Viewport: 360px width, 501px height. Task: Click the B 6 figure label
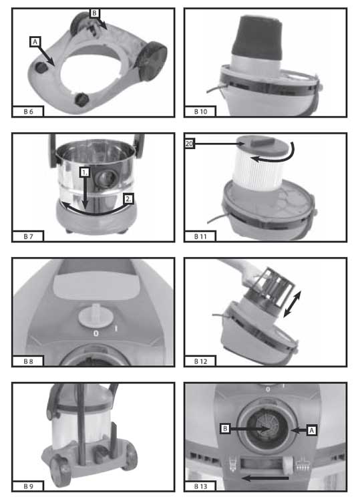[28, 112]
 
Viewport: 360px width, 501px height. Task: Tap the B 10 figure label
[200, 112]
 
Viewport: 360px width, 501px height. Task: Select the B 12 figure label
[200, 361]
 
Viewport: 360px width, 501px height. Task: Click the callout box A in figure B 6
[35, 42]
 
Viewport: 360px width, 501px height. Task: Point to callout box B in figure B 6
[94, 13]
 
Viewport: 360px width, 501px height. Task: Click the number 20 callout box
[190, 144]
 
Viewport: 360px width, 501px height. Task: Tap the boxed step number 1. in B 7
[84, 173]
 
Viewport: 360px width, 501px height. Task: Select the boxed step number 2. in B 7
[128, 199]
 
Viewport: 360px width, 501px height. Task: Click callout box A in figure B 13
[312, 430]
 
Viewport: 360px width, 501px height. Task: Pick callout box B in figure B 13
[225, 428]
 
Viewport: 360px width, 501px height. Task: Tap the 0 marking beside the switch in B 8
[96, 333]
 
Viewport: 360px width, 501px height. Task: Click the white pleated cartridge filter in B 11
[258, 170]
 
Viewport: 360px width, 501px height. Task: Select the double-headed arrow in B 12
[292, 305]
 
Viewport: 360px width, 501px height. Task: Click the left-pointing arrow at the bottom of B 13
[265, 478]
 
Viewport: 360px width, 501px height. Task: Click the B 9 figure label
[28, 486]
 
